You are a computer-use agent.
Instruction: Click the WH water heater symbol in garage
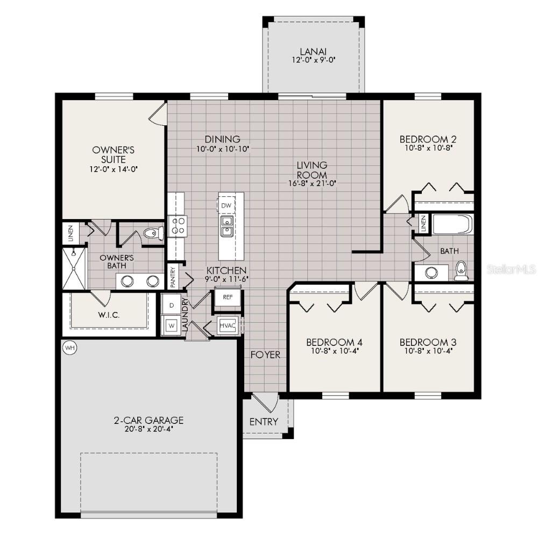coord(69,348)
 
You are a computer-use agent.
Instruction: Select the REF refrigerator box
coord(228,296)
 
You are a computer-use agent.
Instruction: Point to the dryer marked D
coord(172,305)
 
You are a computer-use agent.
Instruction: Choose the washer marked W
coord(172,325)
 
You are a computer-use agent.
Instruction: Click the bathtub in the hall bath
coord(452,224)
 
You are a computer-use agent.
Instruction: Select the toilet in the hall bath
coord(461,271)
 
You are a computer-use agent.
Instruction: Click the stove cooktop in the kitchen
coord(177,225)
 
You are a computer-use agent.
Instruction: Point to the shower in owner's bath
coord(74,268)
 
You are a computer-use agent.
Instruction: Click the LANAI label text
coord(314,52)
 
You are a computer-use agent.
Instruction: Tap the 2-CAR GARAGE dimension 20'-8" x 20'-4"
coord(148,429)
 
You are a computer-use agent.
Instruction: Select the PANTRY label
coord(173,276)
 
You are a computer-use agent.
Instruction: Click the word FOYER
coord(265,355)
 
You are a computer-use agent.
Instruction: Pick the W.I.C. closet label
coord(110,314)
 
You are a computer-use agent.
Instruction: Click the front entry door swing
coord(265,402)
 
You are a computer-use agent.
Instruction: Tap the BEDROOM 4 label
coord(334,342)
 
